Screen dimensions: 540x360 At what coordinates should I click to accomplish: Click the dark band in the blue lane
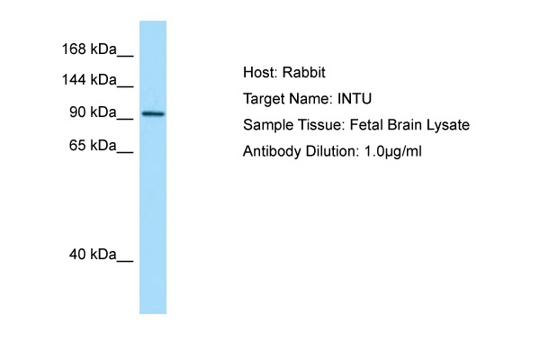(153, 113)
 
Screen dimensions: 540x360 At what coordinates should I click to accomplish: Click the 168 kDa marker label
(89, 49)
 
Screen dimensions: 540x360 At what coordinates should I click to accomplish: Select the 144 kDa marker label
(89, 79)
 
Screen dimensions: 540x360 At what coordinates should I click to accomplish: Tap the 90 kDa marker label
(93, 112)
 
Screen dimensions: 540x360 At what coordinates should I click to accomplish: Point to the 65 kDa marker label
(93, 145)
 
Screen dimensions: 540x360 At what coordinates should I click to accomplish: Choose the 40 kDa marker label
(93, 254)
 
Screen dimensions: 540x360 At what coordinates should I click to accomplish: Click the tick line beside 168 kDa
(125, 55)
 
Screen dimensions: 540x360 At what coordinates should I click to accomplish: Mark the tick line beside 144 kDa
(125, 85)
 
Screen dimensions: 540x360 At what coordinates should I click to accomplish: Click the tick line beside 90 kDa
(125, 119)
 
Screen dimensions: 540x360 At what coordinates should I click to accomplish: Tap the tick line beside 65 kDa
(125, 151)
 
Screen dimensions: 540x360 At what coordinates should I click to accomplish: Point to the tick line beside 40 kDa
(125, 261)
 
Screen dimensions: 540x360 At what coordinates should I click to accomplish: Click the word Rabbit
(304, 72)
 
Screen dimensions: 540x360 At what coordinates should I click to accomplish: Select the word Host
(260, 72)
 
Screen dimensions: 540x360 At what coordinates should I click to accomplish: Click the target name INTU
(355, 99)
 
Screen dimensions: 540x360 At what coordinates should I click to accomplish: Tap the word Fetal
(366, 125)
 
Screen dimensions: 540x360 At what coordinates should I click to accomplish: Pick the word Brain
(405, 125)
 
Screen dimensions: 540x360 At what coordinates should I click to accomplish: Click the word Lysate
(448, 125)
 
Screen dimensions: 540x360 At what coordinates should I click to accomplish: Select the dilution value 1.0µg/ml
(393, 152)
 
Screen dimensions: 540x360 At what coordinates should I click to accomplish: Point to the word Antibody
(272, 151)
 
